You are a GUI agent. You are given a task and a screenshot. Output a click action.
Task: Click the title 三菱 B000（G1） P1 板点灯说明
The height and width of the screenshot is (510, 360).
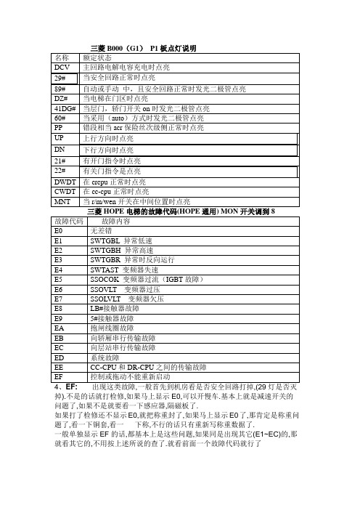tap(144, 48)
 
